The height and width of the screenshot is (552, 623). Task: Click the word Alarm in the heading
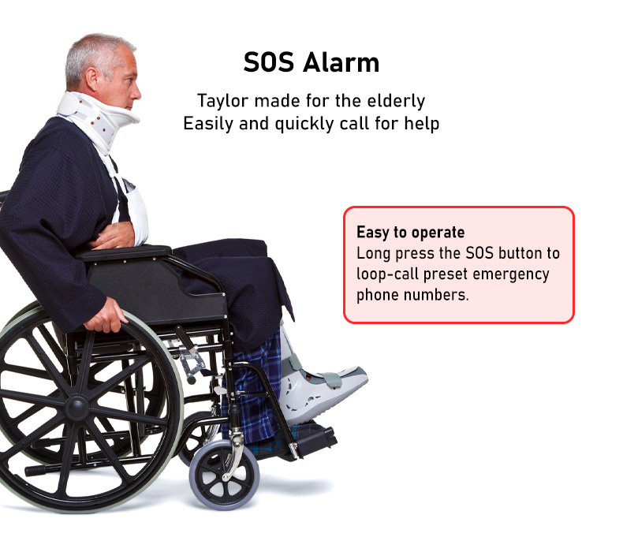coord(341,62)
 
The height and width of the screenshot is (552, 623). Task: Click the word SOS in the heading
coord(269,62)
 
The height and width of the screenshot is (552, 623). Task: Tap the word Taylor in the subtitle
coord(223,102)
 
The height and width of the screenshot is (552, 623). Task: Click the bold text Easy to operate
coord(410,232)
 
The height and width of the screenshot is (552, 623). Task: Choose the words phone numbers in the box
coord(412,295)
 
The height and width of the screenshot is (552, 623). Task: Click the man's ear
coord(91,78)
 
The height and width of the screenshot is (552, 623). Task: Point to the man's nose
coord(136,94)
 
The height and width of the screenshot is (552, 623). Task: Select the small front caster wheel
coord(224,476)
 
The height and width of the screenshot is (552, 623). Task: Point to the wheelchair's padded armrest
coord(124,253)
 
